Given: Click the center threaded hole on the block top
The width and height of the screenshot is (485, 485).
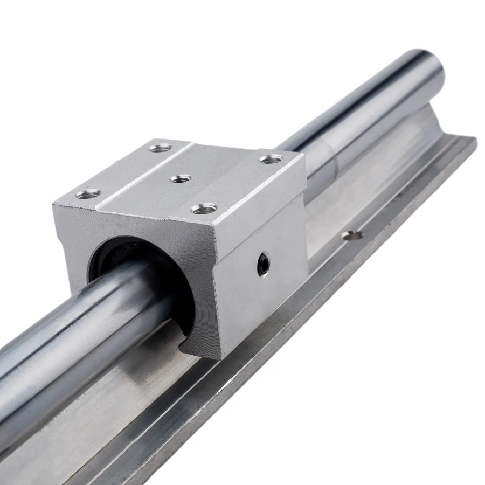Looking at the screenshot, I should point(181,178).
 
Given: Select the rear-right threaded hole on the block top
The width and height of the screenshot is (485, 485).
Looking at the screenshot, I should point(271,158).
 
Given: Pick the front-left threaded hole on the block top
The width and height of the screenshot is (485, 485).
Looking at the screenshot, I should point(88,193).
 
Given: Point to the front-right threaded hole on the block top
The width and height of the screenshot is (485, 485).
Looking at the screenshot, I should point(204,208).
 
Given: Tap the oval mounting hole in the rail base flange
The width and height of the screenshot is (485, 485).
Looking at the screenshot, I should point(352,234).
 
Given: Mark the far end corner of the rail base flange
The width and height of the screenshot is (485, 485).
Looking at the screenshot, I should point(474,139).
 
